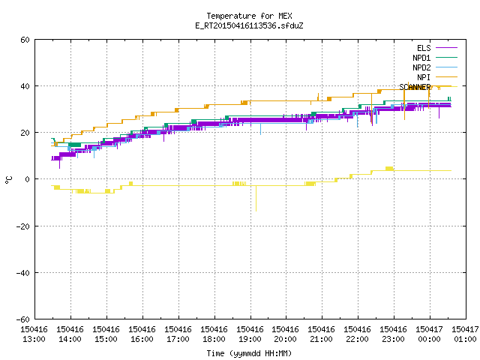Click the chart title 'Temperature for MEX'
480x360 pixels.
(249, 16)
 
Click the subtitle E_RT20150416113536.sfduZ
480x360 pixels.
(249, 25)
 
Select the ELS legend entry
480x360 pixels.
(437, 48)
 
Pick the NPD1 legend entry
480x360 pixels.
(435, 58)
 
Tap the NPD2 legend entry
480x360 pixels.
(435, 67)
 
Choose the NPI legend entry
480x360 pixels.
(437, 77)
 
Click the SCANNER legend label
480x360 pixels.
(415, 87)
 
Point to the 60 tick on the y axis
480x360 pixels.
(25, 40)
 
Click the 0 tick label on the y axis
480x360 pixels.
(27, 179)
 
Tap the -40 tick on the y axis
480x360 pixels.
(23, 273)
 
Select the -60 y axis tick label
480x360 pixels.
(23, 319)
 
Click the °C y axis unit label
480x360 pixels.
(8, 180)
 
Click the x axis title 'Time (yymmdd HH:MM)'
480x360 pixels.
(249, 353)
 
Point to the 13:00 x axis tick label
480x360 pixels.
(34, 339)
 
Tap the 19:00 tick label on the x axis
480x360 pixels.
(250, 339)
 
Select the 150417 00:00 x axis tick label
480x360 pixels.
(429, 334)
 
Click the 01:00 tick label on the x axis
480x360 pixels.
(465, 339)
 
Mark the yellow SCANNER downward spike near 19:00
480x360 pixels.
(256, 198)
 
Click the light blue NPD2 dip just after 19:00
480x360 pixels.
(260, 129)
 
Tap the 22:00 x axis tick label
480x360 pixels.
(357, 339)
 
